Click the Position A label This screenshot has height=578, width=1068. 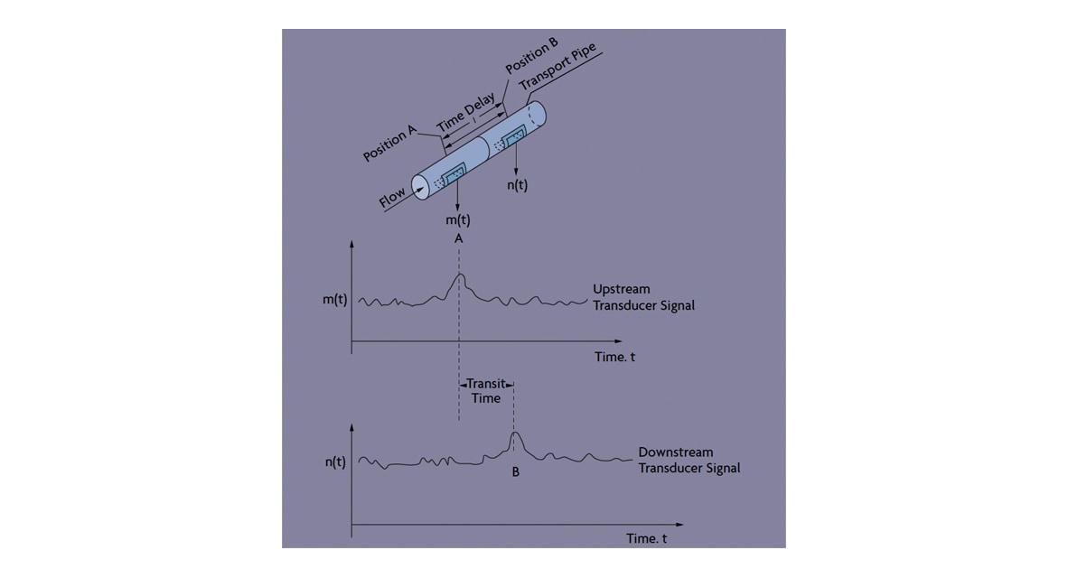pos(389,144)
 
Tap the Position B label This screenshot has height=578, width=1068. pos(531,55)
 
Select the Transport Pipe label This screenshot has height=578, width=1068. pos(557,66)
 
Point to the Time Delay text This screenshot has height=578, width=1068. pos(465,113)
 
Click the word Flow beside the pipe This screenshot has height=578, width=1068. pos(392,198)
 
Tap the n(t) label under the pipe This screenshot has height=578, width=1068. pos(517,185)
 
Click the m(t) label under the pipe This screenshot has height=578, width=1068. pos(458,219)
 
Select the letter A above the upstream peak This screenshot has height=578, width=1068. pos(458,239)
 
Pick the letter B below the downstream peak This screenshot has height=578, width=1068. pos(516,471)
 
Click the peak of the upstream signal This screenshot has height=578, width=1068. pos(461,275)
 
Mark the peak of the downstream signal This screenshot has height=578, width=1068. pos(516,433)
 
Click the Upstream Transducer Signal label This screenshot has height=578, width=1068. pos(643,297)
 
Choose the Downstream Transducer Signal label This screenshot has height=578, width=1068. pos(689,461)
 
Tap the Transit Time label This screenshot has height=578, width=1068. pos(486,391)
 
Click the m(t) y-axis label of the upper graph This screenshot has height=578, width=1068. pos(335,300)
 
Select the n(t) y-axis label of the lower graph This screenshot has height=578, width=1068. pos(335,462)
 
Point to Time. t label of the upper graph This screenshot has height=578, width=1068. pos(614,357)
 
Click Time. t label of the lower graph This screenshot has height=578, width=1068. pos(646,538)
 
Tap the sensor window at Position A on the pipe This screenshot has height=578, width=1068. pos(453,175)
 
